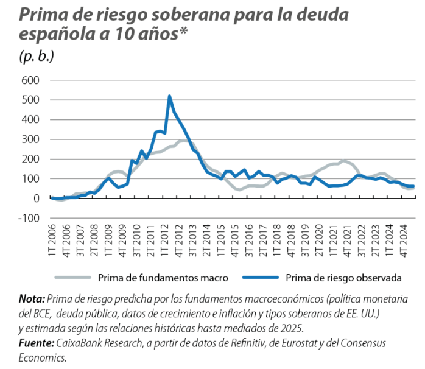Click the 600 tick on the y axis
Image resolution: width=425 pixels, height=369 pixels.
30,80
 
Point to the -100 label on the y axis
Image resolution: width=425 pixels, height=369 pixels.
28,218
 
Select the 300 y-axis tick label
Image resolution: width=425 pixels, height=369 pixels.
30,139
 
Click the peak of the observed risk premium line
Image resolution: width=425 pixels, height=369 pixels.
169,96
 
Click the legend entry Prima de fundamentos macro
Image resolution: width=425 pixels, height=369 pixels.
163,278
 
